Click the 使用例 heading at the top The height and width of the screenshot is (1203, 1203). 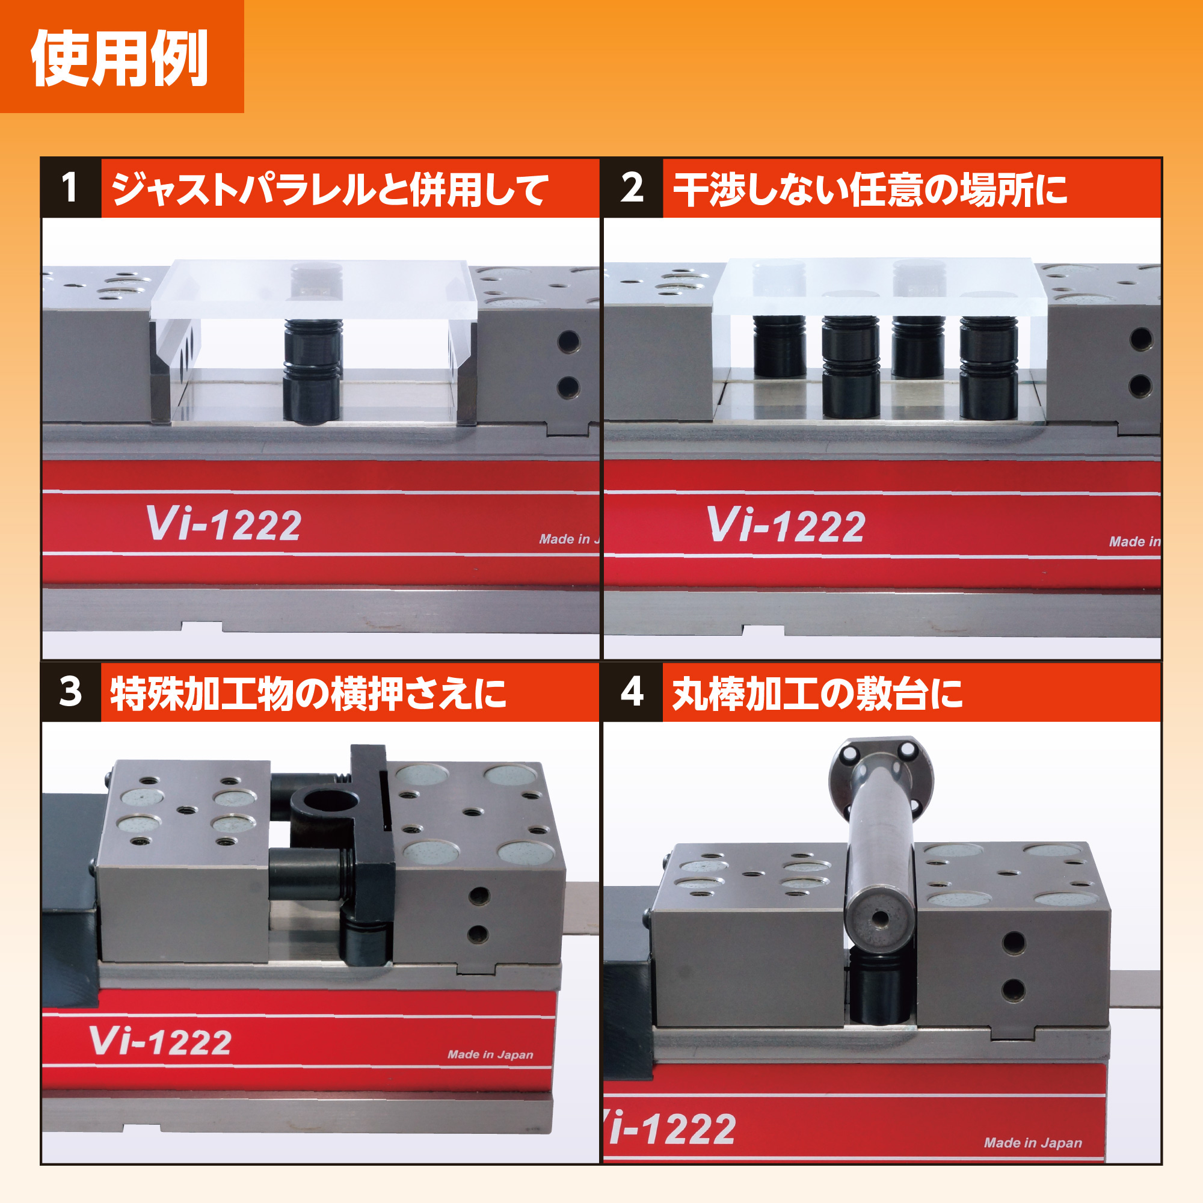(x=119, y=58)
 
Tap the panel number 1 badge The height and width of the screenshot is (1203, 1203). (x=70, y=188)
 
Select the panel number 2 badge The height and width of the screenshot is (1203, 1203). (x=632, y=188)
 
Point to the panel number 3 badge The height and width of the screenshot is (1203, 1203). (x=70, y=692)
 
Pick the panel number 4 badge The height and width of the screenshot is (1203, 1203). (x=632, y=692)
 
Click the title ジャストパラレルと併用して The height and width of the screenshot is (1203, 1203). (x=330, y=189)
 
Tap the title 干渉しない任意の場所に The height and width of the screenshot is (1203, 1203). (x=870, y=189)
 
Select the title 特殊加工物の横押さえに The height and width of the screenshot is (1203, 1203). (x=308, y=693)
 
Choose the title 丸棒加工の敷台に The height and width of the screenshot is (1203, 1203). (x=817, y=693)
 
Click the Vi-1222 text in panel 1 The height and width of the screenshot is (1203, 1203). (x=224, y=523)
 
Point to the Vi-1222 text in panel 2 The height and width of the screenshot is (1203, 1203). (x=786, y=525)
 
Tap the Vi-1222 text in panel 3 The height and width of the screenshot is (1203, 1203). (x=160, y=1041)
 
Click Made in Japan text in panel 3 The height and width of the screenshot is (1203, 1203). (x=490, y=1054)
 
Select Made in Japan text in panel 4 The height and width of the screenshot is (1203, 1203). (x=1033, y=1143)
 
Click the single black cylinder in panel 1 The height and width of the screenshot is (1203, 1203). (x=313, y=371)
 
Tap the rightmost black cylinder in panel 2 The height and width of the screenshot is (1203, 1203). (x=989, y=368)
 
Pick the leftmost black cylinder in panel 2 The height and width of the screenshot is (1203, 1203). (x=779, y=346)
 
